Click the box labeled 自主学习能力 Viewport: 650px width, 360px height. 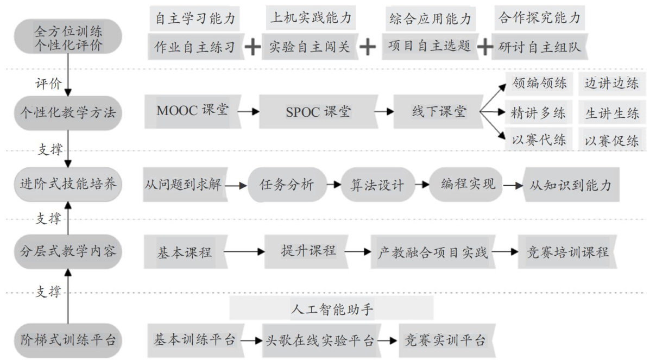[195, 20]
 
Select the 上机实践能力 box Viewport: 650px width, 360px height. [311, 18]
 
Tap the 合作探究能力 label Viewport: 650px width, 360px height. [539, 18]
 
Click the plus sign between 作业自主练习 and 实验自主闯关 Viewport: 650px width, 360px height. [253, 47]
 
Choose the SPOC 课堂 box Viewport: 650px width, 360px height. [318, 112]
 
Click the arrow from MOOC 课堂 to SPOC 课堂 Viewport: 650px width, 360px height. [248, 112]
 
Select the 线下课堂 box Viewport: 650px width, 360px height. [438, 112]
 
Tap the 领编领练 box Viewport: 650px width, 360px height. [539, 84]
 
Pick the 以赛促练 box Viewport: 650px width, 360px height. [611, 141]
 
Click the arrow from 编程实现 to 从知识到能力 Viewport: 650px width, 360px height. [512, 185]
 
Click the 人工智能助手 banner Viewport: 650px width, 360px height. [331, 310]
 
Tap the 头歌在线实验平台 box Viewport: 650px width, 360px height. [320, 341]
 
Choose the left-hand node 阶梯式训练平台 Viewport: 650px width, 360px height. [68, 341]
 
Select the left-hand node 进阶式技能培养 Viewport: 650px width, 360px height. [68, 184]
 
